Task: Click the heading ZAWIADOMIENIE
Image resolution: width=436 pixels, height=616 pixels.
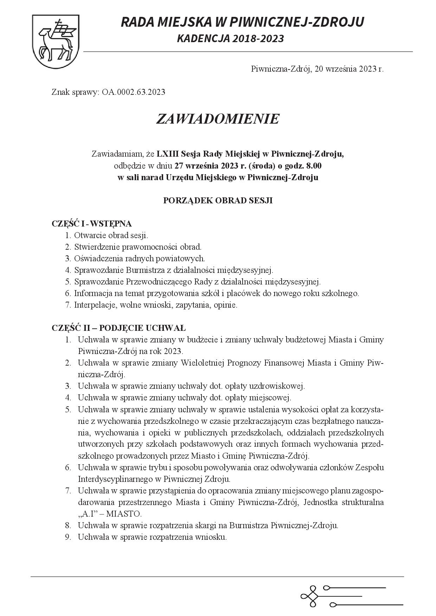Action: pyautogui.click(x=218, y=119)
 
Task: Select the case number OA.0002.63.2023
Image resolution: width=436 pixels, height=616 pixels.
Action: pyautogui.click(x=134, y=92)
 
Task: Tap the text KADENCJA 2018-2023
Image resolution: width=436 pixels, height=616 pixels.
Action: pyautogui.click(x=230, y=39)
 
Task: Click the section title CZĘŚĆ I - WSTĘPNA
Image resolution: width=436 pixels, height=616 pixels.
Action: pyautogui.click(x=92, y=224)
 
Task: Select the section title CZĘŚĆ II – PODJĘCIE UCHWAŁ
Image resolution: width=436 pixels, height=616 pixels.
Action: pyautogui.click(x=119, y=328)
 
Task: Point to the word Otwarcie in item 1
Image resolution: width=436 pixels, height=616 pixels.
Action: pyautogui.click(x=87, y=235)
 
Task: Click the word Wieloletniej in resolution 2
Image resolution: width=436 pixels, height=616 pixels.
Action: pyautogui.click(x=203, y=363)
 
